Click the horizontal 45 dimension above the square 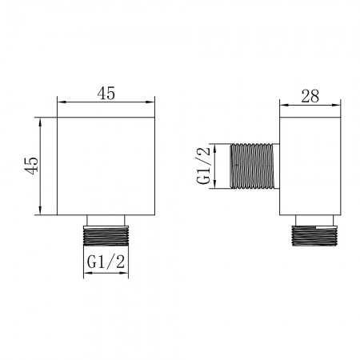coord(106,94)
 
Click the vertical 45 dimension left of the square coord(32,166)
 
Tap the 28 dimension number coord(310,96)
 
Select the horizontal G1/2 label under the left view coord(106,262)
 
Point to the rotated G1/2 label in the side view coord(203,166)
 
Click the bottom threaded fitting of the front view coord(106,236)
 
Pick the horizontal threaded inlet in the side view coord(252,166)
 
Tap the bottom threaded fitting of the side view coord(314,236)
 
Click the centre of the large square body coord(106,166)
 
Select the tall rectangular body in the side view coord(310,166)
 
